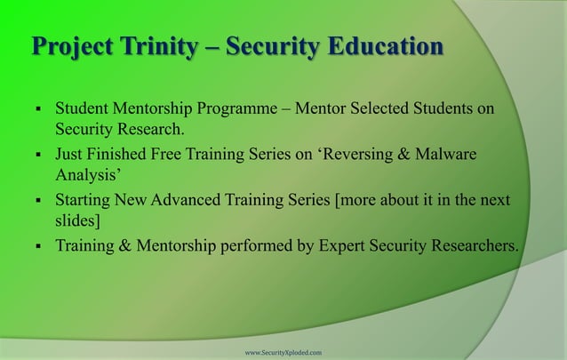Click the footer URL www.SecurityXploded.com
283,353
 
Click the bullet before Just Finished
31,156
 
